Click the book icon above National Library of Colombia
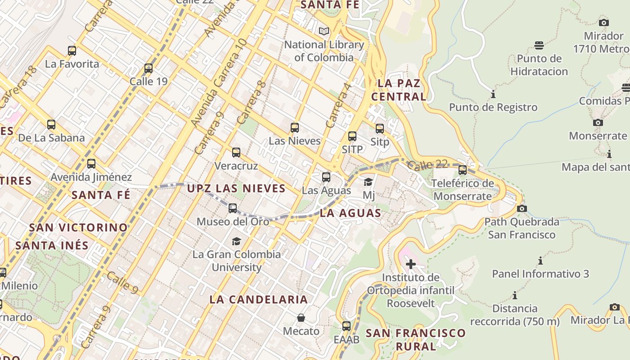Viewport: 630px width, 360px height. click(324, 31)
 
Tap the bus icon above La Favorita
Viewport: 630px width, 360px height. click(72, 50)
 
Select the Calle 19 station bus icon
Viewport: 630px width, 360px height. click(148, 68)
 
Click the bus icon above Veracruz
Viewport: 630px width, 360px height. click(236, 153)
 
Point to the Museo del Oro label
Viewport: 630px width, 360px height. click(233, 221)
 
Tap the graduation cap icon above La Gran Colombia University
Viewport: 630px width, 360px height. click(236, 241)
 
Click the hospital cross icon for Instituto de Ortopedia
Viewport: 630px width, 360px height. click(410, 264)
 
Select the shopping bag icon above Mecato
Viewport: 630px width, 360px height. click(301, 318)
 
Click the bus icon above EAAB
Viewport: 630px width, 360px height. click(346, 326)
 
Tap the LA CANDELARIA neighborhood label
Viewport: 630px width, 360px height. click(259, 299)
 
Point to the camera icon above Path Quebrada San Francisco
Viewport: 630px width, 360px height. click(522, 208)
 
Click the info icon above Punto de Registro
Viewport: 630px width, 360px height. click(493, 94)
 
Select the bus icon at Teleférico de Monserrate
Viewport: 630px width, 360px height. click(463, 170)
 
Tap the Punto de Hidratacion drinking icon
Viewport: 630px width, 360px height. click(539, 45)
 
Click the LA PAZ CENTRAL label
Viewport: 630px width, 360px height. click(399, 90)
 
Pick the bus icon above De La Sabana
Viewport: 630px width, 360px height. click(51, 125)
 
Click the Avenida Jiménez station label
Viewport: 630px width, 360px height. click(91, 177)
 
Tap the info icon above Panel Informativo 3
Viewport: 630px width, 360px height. click(540, 261)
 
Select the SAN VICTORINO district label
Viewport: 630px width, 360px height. click(78, 227)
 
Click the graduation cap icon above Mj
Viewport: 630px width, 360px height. click(369, 182)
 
